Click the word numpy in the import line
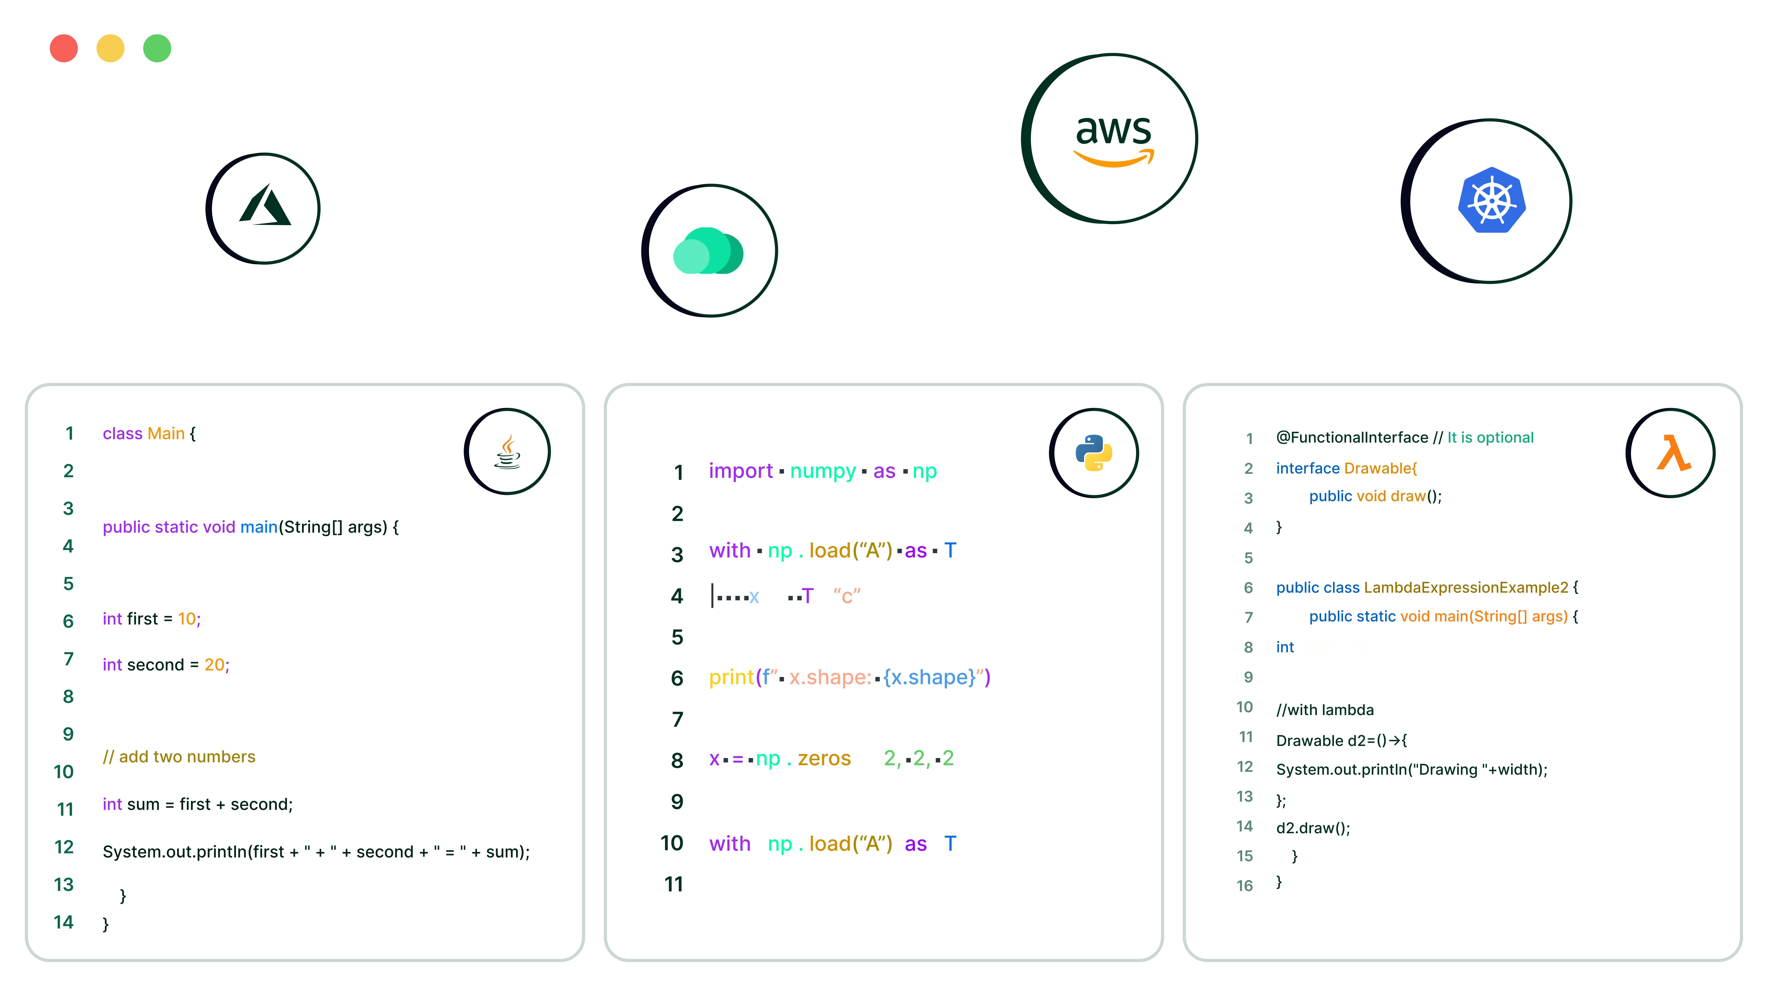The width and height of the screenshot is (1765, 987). [823, 472]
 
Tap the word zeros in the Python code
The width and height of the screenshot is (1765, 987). [824, 759]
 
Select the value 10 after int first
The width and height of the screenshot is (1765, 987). [187, 619]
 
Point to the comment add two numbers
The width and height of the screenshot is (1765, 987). [179, 757]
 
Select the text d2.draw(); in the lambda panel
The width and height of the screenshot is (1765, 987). [1313, 828]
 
